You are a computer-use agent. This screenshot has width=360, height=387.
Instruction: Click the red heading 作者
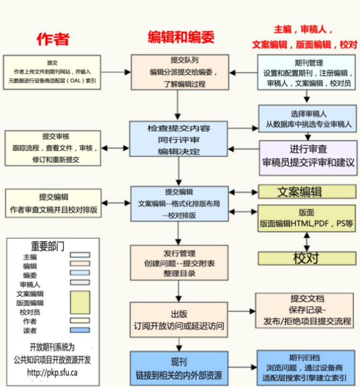[x=53, y=39]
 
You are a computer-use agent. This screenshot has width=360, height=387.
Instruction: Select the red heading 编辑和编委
[x=181, y=37]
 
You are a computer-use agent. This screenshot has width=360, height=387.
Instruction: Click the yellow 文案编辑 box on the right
[x=307, y=192]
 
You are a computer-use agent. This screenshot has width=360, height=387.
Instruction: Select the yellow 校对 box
[x=307, y=258]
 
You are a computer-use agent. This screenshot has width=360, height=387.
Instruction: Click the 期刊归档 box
[x=306, y=367]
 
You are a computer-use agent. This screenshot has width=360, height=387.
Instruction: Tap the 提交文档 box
[x=306, y=311]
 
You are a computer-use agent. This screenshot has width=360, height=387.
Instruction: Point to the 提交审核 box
[x=53, y=148]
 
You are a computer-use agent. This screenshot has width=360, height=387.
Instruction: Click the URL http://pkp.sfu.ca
[x=52, y=373]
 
